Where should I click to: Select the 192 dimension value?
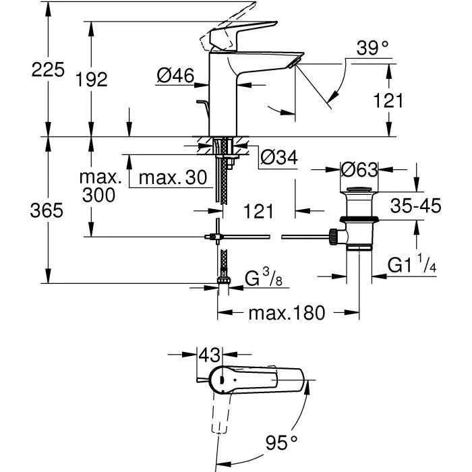click(92, 80)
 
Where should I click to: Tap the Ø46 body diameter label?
click(175, 77)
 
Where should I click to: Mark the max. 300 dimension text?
click(100, 187)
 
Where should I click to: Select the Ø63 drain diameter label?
click(359, 169)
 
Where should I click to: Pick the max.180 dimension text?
click(287, 313)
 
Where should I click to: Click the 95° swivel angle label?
click(281, 443)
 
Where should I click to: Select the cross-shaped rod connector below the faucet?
click(216, 237)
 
